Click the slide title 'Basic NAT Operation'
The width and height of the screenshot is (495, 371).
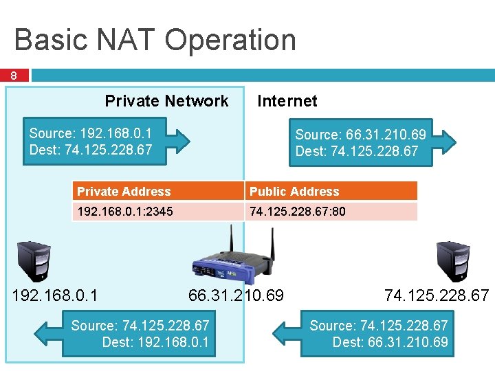tap(155, 40)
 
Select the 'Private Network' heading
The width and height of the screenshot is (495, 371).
tap(166, 101)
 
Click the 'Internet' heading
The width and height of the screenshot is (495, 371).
tap(287, 101)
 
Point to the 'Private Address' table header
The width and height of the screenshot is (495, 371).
tap(124, 192)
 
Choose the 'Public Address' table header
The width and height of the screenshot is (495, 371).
tap(294, 192)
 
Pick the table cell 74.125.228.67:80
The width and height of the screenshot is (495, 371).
tap(297, 212)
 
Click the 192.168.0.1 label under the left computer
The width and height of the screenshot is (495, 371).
tap(56, 295)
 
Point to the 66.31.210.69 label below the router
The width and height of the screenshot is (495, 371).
tap(236, 295)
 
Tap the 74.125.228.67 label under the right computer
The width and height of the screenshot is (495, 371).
tap(437, 295)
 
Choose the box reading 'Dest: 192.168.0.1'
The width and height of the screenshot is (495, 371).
tap(140, 333)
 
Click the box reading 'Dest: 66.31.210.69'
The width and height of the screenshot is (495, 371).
tap(377, 333)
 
